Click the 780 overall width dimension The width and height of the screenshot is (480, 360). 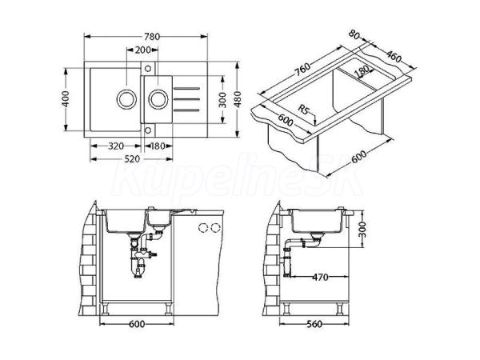point(152,37)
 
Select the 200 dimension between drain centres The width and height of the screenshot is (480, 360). point(142,50)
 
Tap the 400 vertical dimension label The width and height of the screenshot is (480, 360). point(66,99)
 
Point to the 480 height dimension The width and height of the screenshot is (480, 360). point(238,99)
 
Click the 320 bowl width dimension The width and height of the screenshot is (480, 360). point(116,146)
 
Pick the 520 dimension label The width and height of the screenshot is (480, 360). point(132,159)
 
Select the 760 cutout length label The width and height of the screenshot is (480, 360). point(302,70)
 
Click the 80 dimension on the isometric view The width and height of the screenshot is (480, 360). point(354,34)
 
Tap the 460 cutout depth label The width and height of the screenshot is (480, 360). point(394,56)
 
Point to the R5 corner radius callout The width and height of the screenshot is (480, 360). point(303,109)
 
